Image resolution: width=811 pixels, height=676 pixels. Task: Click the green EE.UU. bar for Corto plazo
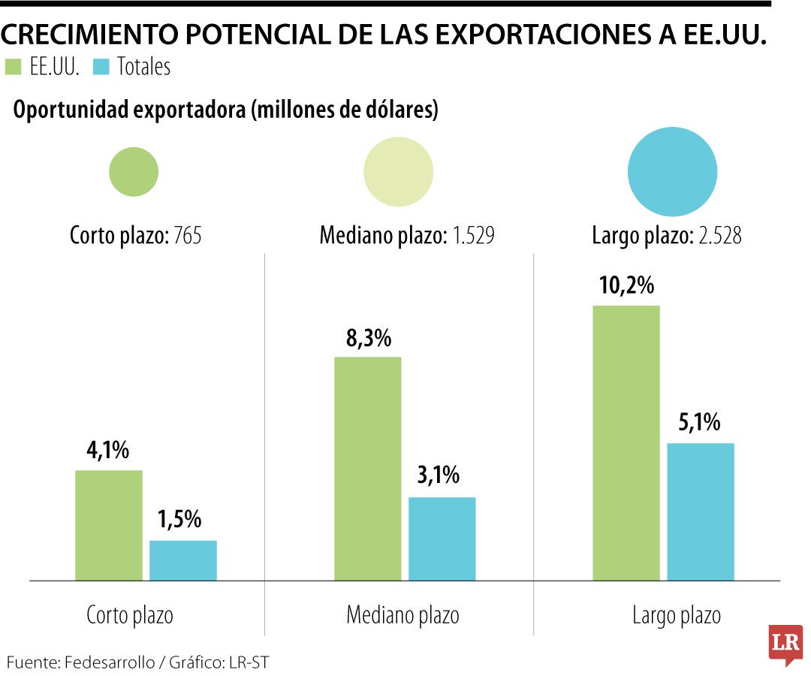tap(109, 525)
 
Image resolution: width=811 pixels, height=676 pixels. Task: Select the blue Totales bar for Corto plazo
tap(183, 560)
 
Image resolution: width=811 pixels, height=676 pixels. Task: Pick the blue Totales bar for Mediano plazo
tap(442, 539)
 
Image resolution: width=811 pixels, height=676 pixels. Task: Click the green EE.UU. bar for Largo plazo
tap(626, 442)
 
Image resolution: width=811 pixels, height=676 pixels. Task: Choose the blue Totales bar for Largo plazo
tap(701, 512)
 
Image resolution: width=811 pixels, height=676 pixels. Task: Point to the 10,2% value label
tap(626, 286)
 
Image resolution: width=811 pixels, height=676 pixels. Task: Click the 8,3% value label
tap(368, 338)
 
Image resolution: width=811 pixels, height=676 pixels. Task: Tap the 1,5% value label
tap(179, 520)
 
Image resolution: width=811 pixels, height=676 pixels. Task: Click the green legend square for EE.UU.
tap(14, 68)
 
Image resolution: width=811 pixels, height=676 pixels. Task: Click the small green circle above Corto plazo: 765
tap(134, 172)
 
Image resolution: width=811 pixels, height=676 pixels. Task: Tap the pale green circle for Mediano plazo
tap(398, 171)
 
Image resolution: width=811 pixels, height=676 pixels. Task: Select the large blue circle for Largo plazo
tap(673, 172)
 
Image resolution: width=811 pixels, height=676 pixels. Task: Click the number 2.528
tap(719, 236)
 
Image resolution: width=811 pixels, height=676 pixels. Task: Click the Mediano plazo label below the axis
tap(402, 616)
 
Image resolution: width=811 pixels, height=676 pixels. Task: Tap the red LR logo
tap(785, 644)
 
